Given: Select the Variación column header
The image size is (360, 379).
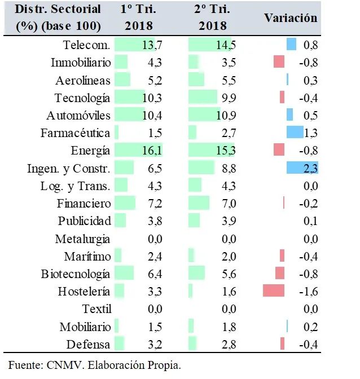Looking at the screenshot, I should [x=291, y=17].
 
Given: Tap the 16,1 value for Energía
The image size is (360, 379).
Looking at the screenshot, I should [x=152, y=151].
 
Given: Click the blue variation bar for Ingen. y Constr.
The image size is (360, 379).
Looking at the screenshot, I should [x=302, y=168].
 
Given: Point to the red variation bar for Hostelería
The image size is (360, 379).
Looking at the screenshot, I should [x=274, y=291].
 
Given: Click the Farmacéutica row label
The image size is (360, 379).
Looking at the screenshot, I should [x=76, y=133].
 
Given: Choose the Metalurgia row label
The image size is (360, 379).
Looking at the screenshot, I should [x=83, y=239].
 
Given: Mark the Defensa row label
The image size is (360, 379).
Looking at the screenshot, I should [x=89, y=344].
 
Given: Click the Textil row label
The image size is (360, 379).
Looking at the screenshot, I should [x=96, y=309].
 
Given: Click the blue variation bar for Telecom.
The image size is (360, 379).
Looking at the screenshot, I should [x=291, y=45].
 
